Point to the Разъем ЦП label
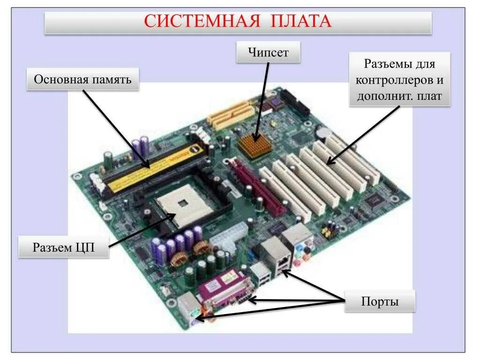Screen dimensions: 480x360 pos(64,247)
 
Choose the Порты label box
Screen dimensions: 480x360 pos(380,301)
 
